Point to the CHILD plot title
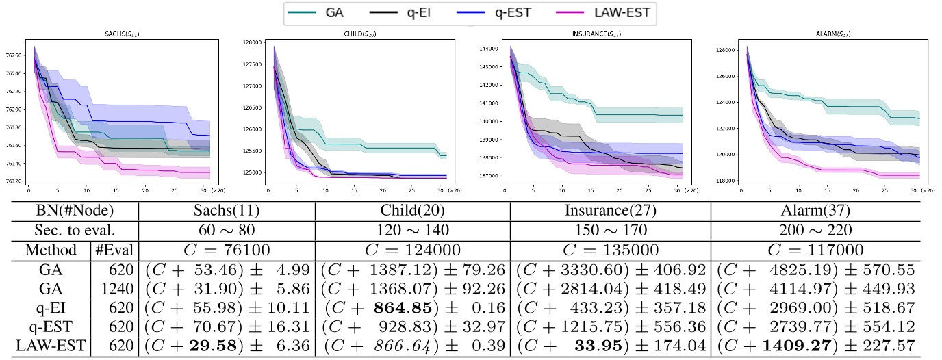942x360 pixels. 357,34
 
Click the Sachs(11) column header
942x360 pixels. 227,211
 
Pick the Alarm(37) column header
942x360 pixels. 813,211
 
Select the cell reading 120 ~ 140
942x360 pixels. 412,230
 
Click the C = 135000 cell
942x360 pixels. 611,250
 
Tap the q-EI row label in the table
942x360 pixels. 45,308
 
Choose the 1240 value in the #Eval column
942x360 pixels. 114,289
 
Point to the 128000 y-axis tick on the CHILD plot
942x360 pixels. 253,42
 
